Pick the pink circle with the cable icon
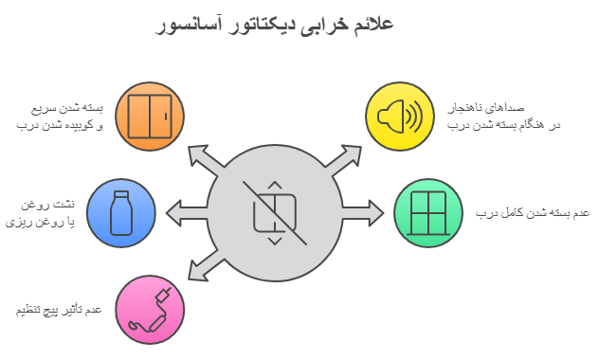tap(150, 309)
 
